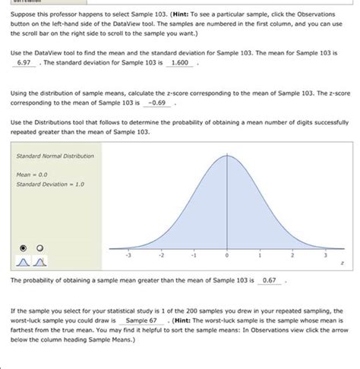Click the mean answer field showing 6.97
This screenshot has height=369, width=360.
tap(24, 84)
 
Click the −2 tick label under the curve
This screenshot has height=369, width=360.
tap(159, 256)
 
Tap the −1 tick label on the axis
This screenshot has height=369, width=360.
tap(193, 256)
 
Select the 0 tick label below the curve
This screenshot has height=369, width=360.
tap(227, 256)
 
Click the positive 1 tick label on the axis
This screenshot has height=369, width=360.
tap(260, 256)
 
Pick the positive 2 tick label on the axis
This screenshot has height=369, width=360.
tap(293, 256)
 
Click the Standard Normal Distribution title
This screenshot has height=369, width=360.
tap(55, 156)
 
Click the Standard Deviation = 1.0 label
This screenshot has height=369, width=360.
tap(48, 183)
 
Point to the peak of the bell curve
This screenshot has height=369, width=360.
tap(226, 155)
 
